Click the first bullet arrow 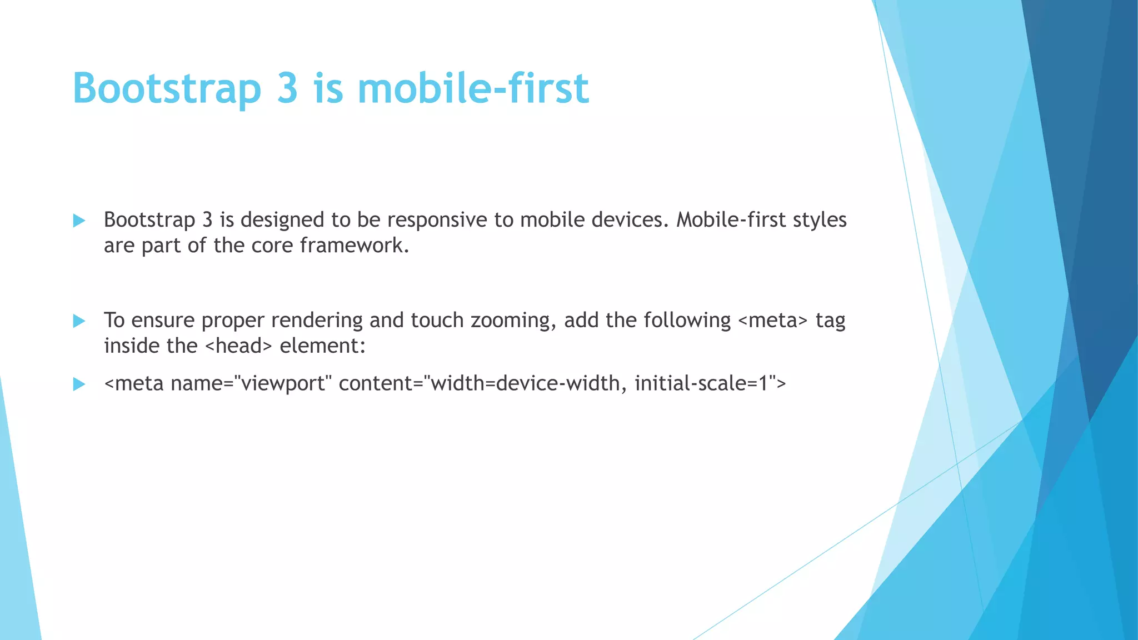point(79,221)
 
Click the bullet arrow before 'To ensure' point(79,321)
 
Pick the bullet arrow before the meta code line point(79,384)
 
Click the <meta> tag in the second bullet point(773,321)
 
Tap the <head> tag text point(238,346)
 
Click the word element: point(323,346)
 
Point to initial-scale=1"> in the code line point(710,383)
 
